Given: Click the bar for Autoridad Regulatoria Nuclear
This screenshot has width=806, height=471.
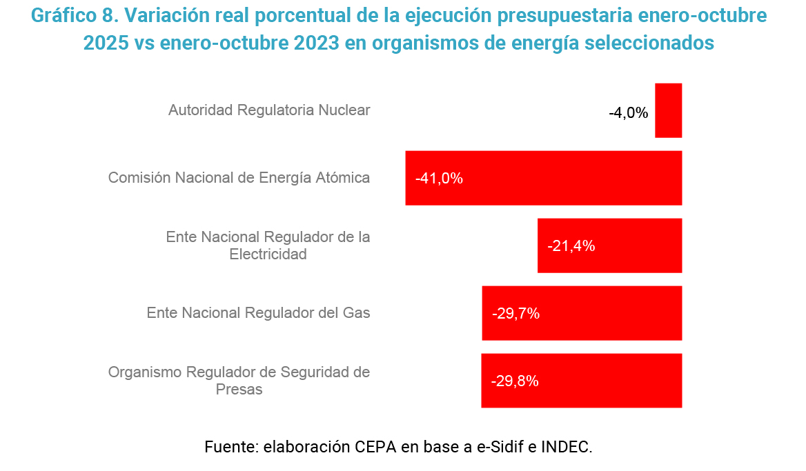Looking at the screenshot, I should [668, 110].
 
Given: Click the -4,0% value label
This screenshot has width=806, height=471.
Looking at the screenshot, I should [628, 113].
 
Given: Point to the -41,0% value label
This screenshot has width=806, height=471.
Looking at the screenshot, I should [439, 178].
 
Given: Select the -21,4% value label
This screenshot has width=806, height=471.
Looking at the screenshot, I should [571, 245].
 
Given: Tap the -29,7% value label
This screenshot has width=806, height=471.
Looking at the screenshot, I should [515, 313].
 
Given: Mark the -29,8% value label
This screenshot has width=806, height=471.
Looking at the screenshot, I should [514, 381].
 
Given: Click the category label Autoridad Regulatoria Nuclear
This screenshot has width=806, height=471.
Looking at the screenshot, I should [269, 110].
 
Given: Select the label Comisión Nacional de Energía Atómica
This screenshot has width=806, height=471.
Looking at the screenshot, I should [239, 178].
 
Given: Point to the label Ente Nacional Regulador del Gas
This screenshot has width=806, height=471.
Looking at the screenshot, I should [258, 313].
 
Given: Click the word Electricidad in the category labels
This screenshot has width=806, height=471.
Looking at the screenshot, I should [268, 254].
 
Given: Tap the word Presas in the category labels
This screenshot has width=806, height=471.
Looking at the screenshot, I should [239, 390].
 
